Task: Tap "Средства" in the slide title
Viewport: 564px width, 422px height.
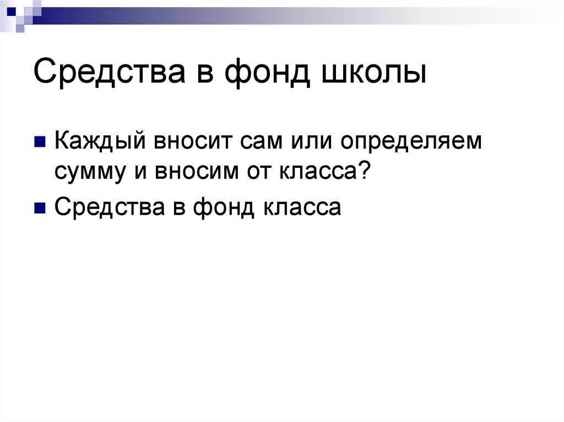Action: [x=104, y=74]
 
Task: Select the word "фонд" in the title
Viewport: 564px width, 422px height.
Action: [x=265, y=74]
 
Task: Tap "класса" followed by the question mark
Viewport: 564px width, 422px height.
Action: [x=312, y=172]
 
